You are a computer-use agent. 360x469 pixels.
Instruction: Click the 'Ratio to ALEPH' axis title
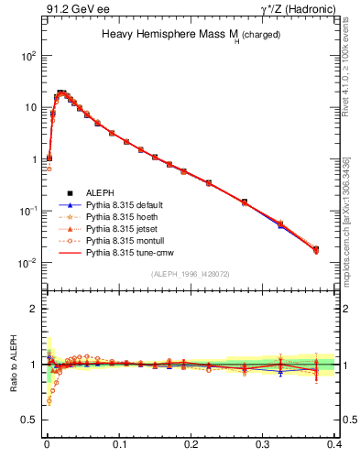pos(13,364)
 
